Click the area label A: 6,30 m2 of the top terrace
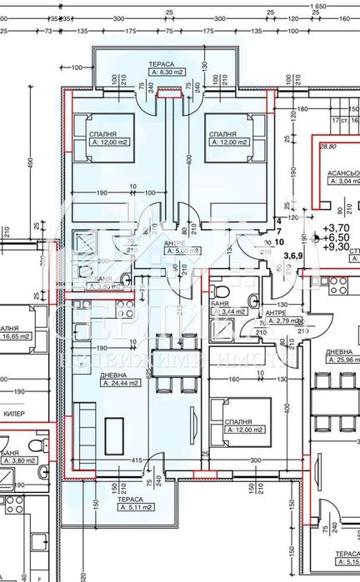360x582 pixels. (167, 72)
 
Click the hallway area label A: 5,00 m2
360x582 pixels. (182, 250)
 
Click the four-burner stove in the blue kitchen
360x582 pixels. (125, 311)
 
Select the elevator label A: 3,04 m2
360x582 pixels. (343, 180)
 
